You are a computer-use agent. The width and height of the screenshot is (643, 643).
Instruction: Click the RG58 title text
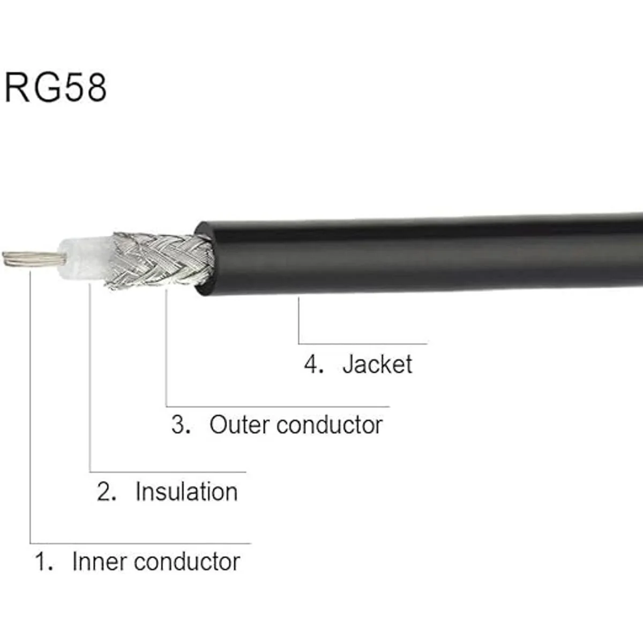(55, 87)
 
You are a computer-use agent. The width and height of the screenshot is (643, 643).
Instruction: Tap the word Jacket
(377, 365)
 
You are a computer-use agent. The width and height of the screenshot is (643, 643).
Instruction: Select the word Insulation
(186, 492)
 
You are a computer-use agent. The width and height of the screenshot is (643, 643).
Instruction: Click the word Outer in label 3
(240, 425)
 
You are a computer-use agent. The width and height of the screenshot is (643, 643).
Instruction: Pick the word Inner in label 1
(100, 562)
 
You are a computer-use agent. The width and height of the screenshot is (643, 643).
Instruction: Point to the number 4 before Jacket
(313, 364)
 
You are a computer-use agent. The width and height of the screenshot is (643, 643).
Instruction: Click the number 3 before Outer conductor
(181, 425)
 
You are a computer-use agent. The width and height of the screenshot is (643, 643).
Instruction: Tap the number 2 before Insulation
(107, 492)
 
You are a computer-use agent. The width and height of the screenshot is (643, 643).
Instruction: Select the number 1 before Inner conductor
(43, 562)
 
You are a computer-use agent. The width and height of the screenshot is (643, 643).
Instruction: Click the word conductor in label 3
(330, 425)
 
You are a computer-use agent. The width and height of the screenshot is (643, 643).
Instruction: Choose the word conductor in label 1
(187, 562)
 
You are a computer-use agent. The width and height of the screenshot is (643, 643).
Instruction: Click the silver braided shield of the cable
(160, 260)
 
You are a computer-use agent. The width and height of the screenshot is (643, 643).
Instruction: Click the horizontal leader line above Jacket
(363, 343)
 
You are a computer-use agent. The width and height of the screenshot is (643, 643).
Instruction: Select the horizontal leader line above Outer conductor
(278, 407)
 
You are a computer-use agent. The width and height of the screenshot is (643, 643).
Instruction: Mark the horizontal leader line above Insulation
(168, 472)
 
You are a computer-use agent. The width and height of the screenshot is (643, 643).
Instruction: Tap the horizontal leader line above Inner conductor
(140, 543)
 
